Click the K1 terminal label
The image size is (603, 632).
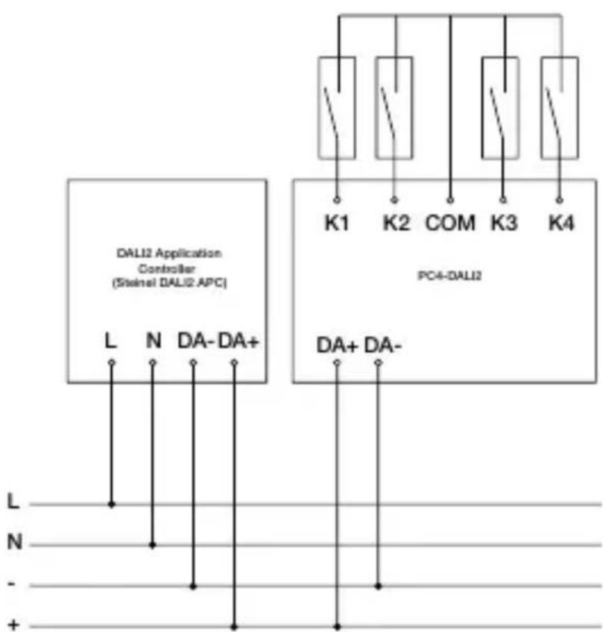pyautogui.click(x=336, y=223)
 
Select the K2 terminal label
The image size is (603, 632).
pyautogui.click(x=394, y=223)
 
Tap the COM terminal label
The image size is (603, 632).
pyautogui.click(x=450, y=223)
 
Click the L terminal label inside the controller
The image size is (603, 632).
pyautogui.click(x=111, y=342)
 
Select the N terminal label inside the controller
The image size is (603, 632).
pyautogui.click(x=153, y=342)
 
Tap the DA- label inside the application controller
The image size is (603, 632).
pyautogui.click(x=196, y=342)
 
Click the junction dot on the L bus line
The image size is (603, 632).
pyautogui.click(x=112, y=504)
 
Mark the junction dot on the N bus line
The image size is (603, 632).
pyautogui.click(x=153, y=545)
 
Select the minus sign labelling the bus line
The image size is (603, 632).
pyautogui.click(x=12, y=585)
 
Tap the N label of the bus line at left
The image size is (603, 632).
pyautogui.click(x=13, y=543)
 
